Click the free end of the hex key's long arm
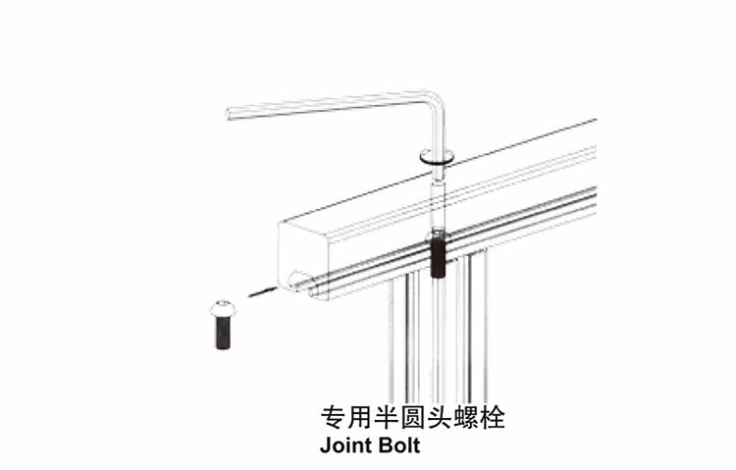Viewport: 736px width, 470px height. tap(231, 114)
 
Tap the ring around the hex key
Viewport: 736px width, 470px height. tap(436, 154)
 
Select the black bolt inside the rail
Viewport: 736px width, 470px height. tap(437, 255)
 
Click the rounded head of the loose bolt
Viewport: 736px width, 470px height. tap(223, 310)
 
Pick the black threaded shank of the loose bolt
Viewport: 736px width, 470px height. tap(223, 334)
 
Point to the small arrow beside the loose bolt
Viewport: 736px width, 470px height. tap(260, 291)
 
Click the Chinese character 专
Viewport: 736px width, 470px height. tap(334, 418)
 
